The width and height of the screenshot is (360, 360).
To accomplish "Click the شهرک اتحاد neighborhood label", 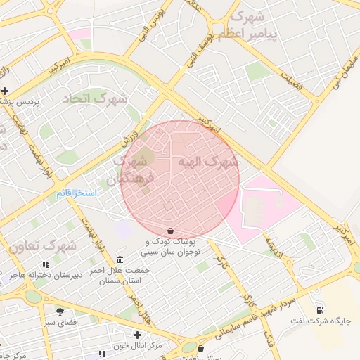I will tap(96, 98).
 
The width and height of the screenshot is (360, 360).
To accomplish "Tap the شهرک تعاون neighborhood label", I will tap(42, 246).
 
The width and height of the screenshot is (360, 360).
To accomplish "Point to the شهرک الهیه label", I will tap(208, 162).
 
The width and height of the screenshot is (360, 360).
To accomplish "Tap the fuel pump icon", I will tap(321, 310).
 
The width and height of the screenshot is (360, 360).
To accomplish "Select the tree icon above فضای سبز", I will tap(60, 311).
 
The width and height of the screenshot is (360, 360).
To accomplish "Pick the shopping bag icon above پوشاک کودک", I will tap(170, 231).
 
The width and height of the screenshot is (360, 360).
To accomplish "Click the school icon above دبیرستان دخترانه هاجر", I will tap(46, 264).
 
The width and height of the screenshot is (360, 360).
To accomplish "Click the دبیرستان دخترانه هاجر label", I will tap(46, 275).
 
